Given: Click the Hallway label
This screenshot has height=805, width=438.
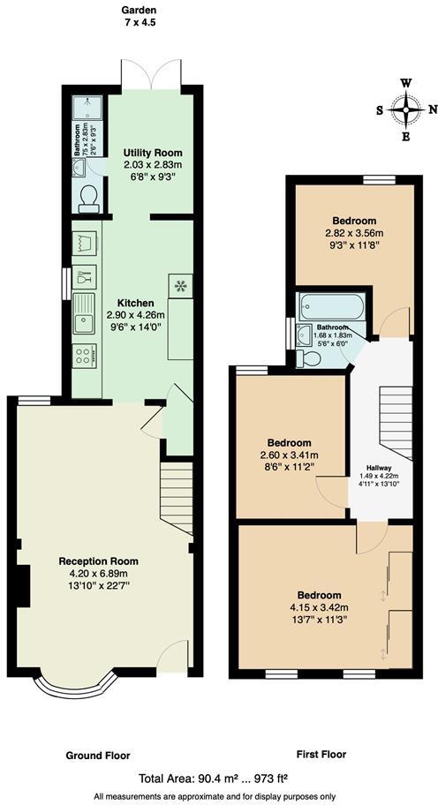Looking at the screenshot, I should pos(379,468).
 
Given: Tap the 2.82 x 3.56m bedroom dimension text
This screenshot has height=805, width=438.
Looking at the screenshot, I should pos(354,234).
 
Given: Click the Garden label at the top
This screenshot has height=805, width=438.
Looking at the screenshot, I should pos(140,11).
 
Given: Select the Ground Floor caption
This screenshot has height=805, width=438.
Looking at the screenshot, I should pos(98,756).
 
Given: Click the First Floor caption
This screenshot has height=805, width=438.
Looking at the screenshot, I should pos(321,756).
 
